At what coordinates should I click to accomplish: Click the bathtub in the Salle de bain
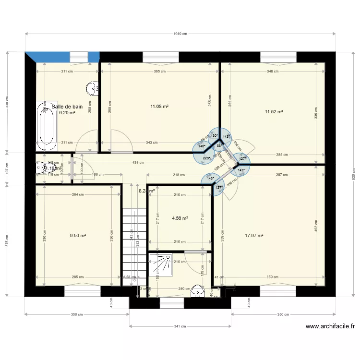pos(47,124)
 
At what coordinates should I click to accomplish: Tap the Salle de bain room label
pos(67,107)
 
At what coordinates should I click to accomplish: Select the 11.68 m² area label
pos(159,107)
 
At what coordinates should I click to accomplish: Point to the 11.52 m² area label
pos(274,112)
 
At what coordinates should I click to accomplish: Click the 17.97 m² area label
pos(254,236)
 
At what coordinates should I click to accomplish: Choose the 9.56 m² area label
pos(78,236)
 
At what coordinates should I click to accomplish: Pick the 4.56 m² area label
pos(180,218)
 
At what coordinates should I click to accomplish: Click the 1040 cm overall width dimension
pos(180,34)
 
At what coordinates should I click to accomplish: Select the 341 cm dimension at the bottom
pos(180,326)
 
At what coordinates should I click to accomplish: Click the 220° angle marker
pos(206,158)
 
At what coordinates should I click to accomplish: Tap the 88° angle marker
pos(219,145)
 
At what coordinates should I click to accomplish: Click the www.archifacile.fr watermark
pos(330,326)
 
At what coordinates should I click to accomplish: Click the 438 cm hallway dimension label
pos(138,163)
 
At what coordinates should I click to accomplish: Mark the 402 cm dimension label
pos(316,225)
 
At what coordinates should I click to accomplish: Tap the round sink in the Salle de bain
pos(92,88)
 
